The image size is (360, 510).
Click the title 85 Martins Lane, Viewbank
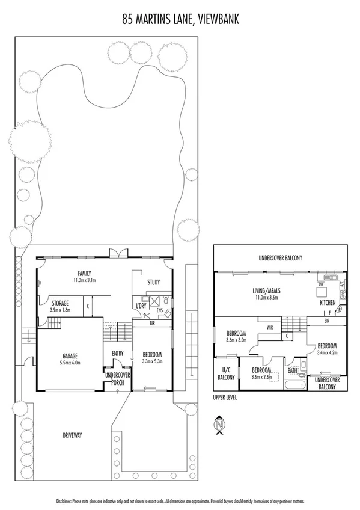pyautogui.click(x=180, y=19)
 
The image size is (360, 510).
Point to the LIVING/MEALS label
pyautogui.click(x=266, y=290)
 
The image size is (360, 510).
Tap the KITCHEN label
pyautogui.click(x=328, y=303)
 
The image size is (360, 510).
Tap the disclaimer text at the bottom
pyautogui.click(x=180, y=500)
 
